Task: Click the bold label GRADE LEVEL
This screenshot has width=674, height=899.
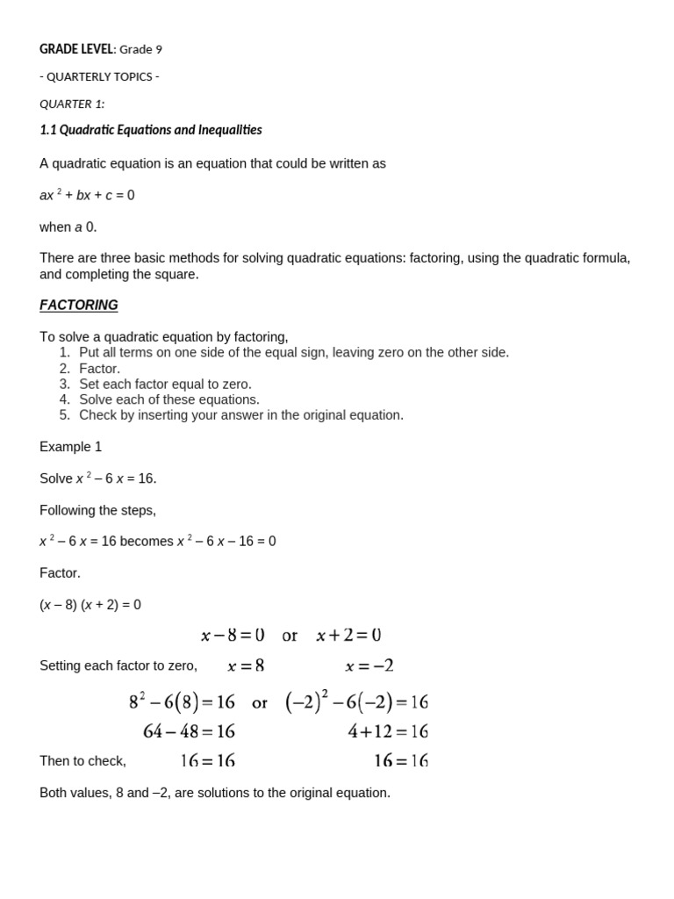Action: (x=76, y=49)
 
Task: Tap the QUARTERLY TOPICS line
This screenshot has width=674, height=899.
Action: (x=99, y=76)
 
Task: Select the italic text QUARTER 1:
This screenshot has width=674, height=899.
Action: (x=72, y=104)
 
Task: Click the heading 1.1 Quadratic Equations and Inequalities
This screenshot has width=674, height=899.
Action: (x=151, y=130)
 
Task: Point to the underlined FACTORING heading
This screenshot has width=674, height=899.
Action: (x=79, y=306)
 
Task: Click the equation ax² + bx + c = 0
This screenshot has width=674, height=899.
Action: (x=87, y=195)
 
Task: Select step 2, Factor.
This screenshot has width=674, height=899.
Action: (x=99, y=369)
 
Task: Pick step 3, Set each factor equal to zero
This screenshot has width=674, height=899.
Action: (x=165, y=385)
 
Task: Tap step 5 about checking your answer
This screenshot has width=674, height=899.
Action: (x=240, y=415)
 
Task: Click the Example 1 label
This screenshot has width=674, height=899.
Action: (x=71, y=447)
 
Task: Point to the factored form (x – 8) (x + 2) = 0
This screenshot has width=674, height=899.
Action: (x=90, y=605)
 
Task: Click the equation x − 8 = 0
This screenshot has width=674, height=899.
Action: (x=233, y=635)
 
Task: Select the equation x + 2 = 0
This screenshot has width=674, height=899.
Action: (x=348, y=635)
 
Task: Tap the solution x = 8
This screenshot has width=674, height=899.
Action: (x=246, y=666)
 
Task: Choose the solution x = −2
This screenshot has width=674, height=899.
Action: (x=369, y=666)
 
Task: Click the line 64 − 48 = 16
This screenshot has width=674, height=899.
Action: (x=189, y=731)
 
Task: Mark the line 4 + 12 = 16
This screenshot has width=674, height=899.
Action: (x=387, y=731)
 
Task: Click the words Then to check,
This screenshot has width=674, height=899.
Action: (x=82, y=761)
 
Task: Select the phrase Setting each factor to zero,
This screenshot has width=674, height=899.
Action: (x=118, y=666)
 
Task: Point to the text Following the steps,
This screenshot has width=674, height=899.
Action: (x=97, y=510)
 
